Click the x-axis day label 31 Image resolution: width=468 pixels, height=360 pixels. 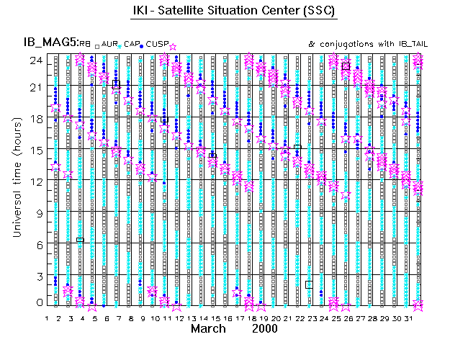pos(408,318)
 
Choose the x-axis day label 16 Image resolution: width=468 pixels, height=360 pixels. pos(228,318)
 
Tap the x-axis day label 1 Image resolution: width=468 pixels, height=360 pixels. pos(47,318)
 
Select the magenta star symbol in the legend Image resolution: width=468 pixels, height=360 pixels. pos(172,47)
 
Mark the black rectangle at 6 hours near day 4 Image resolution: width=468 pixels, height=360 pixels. pos(80,240)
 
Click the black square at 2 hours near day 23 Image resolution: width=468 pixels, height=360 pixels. pos(309,284)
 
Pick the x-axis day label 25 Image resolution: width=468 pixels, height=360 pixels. pos(336,318)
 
